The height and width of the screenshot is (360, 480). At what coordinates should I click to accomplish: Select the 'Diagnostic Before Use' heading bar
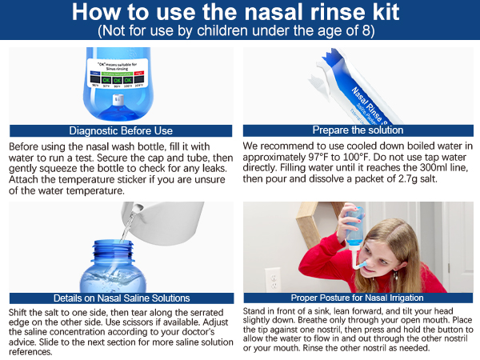click(x=119, y=130)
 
